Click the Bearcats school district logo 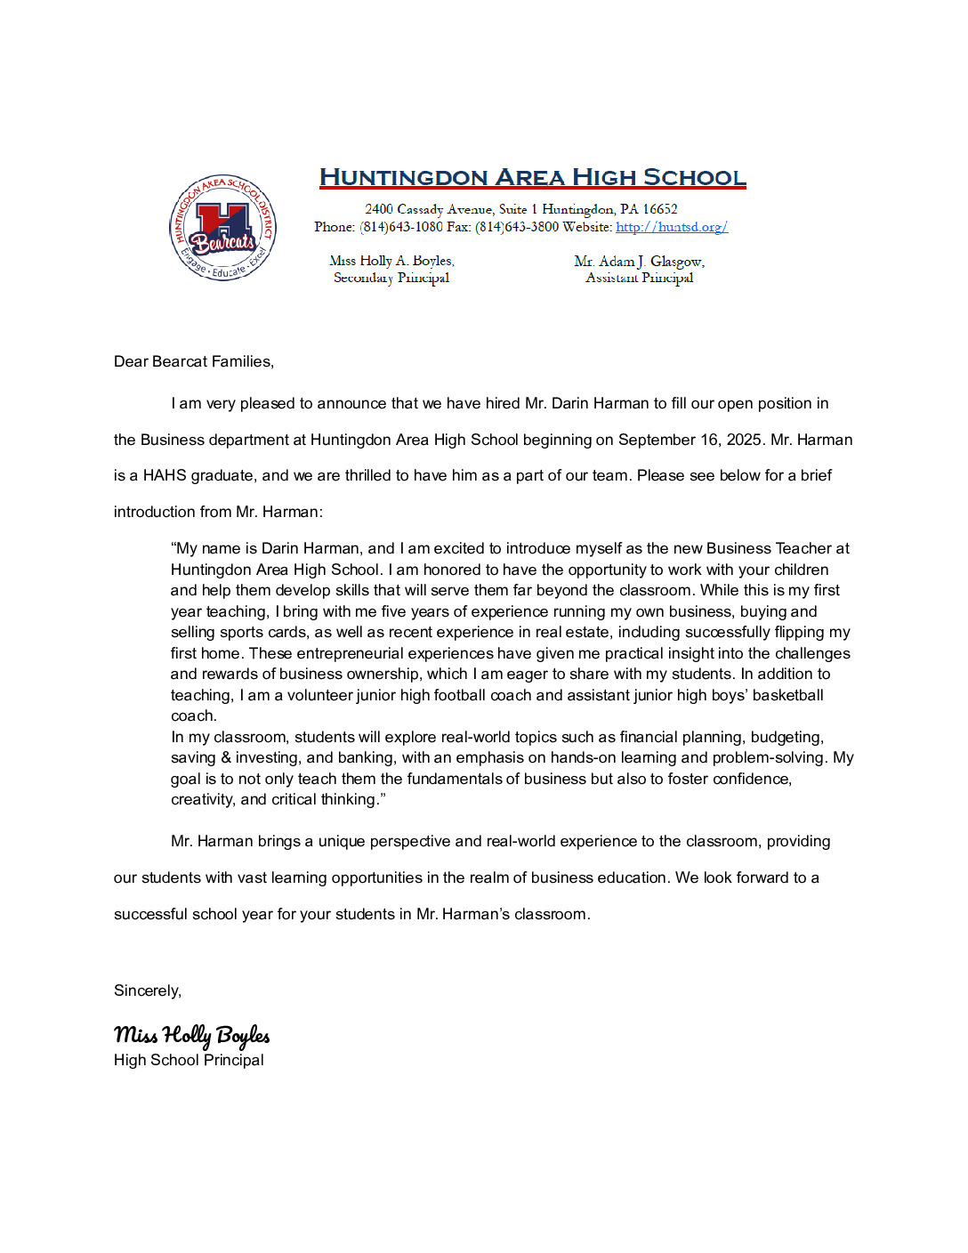pyautogui.click(x=222, y=228)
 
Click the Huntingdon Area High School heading pyautogui.click(x=532, y=177)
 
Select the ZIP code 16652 pyautogui.click(x=659, y=209)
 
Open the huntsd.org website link pyautogui.click(x=671, y=227)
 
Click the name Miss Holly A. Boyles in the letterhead pyautogui.click(x=391, y=261)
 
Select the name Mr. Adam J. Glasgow pyautogui.click(x=639, y=261)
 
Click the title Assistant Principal pyautogui.click(x=639, y=278)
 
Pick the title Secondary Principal pyautogui.click(x=391, y=278)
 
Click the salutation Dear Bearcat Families pyautogui.click(x=194, y=361)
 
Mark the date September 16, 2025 pyautogui.click(x=690, y=440)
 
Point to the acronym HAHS pyautogui.click(x=165, y=475)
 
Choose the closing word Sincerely pyautogui.click(x=148, y=990)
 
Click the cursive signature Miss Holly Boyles pyautogui.click(x=191, y=1035)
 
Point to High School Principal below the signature pyautogui.click(x=189, y=1060)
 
